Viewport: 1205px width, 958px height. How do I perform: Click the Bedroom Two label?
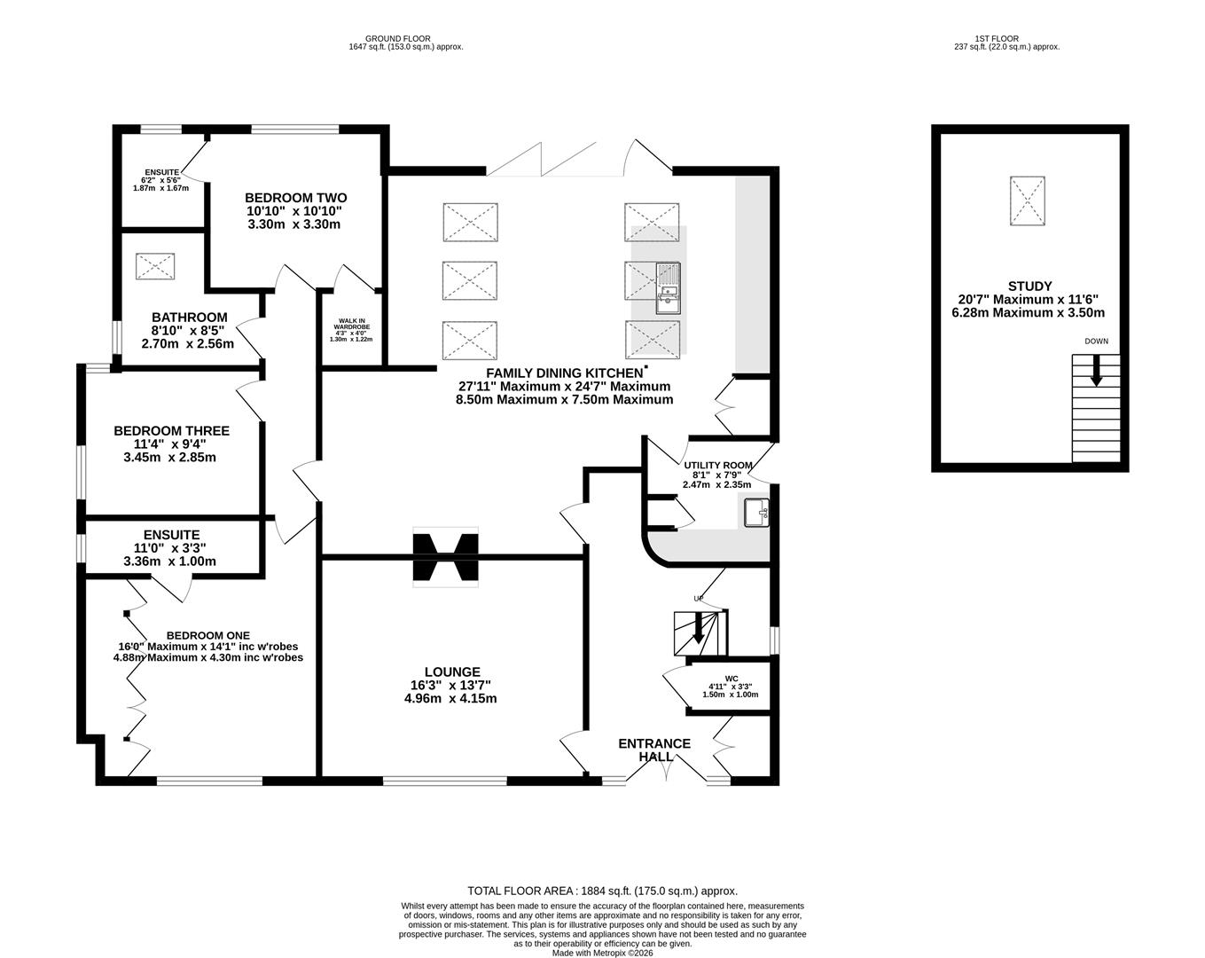pos(295,198)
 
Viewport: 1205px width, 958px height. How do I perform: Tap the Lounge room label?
pos(452,671)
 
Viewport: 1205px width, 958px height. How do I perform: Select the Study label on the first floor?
pos(1029,286)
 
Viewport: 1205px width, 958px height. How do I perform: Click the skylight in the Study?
pos(1027,200)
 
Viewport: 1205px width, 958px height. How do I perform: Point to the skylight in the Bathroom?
pos(155,266)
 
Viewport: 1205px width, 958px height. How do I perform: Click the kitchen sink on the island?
pos(668,288)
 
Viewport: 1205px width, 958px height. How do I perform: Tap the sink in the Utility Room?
pos(756,512)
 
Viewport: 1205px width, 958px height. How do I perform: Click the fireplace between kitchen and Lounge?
pos(446,557)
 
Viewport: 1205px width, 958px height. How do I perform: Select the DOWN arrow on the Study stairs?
pos(1096,370)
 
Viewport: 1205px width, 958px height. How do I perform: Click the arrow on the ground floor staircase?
pos(698,627)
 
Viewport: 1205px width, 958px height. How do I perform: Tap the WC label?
pos(732,679)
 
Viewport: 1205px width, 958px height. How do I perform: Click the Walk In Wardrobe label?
pos(352,324)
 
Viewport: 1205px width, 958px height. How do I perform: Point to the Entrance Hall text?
pos(654,750)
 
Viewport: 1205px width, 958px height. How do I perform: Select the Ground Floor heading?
pos(397,39)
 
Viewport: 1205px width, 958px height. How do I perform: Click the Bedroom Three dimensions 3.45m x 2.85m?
pos(169,457)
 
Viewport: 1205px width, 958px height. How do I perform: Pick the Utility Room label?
pos(718,465)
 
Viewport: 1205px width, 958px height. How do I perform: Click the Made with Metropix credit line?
pos(603,953)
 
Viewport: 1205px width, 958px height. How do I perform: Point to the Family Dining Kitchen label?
pos(565,373)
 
